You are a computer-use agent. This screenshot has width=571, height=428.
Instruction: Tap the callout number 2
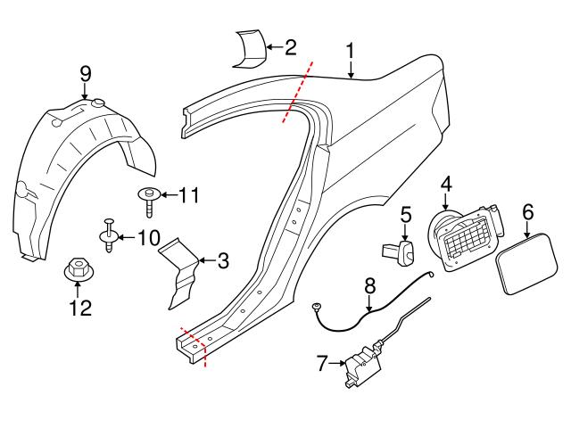290,47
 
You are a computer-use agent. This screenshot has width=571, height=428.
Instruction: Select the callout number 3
223,261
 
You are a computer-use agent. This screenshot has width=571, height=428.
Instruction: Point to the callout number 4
445,184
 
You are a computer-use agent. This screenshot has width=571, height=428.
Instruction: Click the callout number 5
405,215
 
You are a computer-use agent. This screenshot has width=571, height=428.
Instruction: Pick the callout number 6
527,211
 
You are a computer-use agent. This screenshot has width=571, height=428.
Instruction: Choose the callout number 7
324,362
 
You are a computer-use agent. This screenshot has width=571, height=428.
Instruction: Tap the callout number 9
86,72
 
